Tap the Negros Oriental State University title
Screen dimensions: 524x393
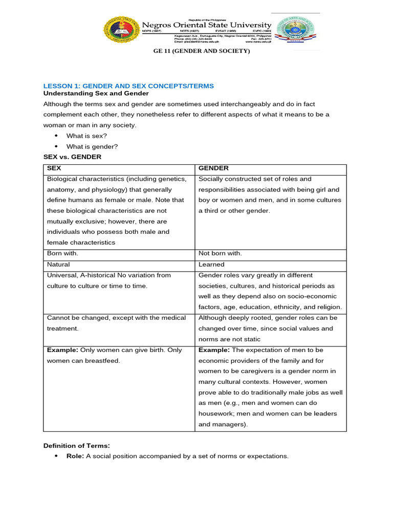coord(206,25)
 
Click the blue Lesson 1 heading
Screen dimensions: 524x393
coord(128,85)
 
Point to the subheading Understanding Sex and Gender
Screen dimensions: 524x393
coord(96,94)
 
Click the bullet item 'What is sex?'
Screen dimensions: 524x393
coord(86,136)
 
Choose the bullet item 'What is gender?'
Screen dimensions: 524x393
coord(92,146)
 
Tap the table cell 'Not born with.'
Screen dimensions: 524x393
coord(220,253)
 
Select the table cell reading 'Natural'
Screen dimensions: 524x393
coord(58,265)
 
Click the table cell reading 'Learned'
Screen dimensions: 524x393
coord(211,265)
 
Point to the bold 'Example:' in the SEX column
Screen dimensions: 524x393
coord(61,350)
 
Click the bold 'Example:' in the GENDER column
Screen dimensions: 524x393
coord(213,350)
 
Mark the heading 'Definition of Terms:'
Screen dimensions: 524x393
coord(76,446)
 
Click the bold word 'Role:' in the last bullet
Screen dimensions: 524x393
coord(75,456)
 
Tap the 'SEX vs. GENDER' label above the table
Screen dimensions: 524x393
coord(72,157)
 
